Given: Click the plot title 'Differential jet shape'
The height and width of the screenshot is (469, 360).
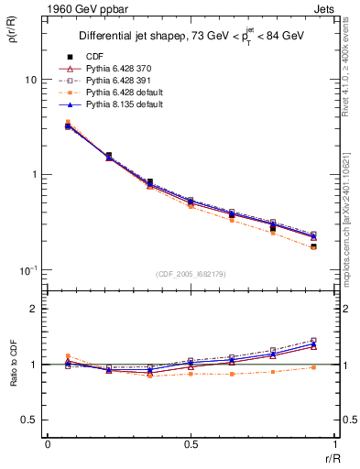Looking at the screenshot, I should pos(128,37).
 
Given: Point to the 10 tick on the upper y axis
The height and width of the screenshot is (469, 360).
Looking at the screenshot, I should pos(29,80).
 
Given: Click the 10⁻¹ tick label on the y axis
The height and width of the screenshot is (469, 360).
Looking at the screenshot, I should pos(27,269).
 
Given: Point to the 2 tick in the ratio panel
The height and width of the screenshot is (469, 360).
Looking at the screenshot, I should pos(34,309).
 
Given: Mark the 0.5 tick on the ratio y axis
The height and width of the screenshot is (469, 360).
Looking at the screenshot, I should pos(29,420).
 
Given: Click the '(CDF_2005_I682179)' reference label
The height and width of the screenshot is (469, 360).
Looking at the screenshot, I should pos(191,274).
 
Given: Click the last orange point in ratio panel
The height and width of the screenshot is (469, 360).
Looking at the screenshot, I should pos(313,367).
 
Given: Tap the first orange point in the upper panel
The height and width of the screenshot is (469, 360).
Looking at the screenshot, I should pos(68,122).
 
